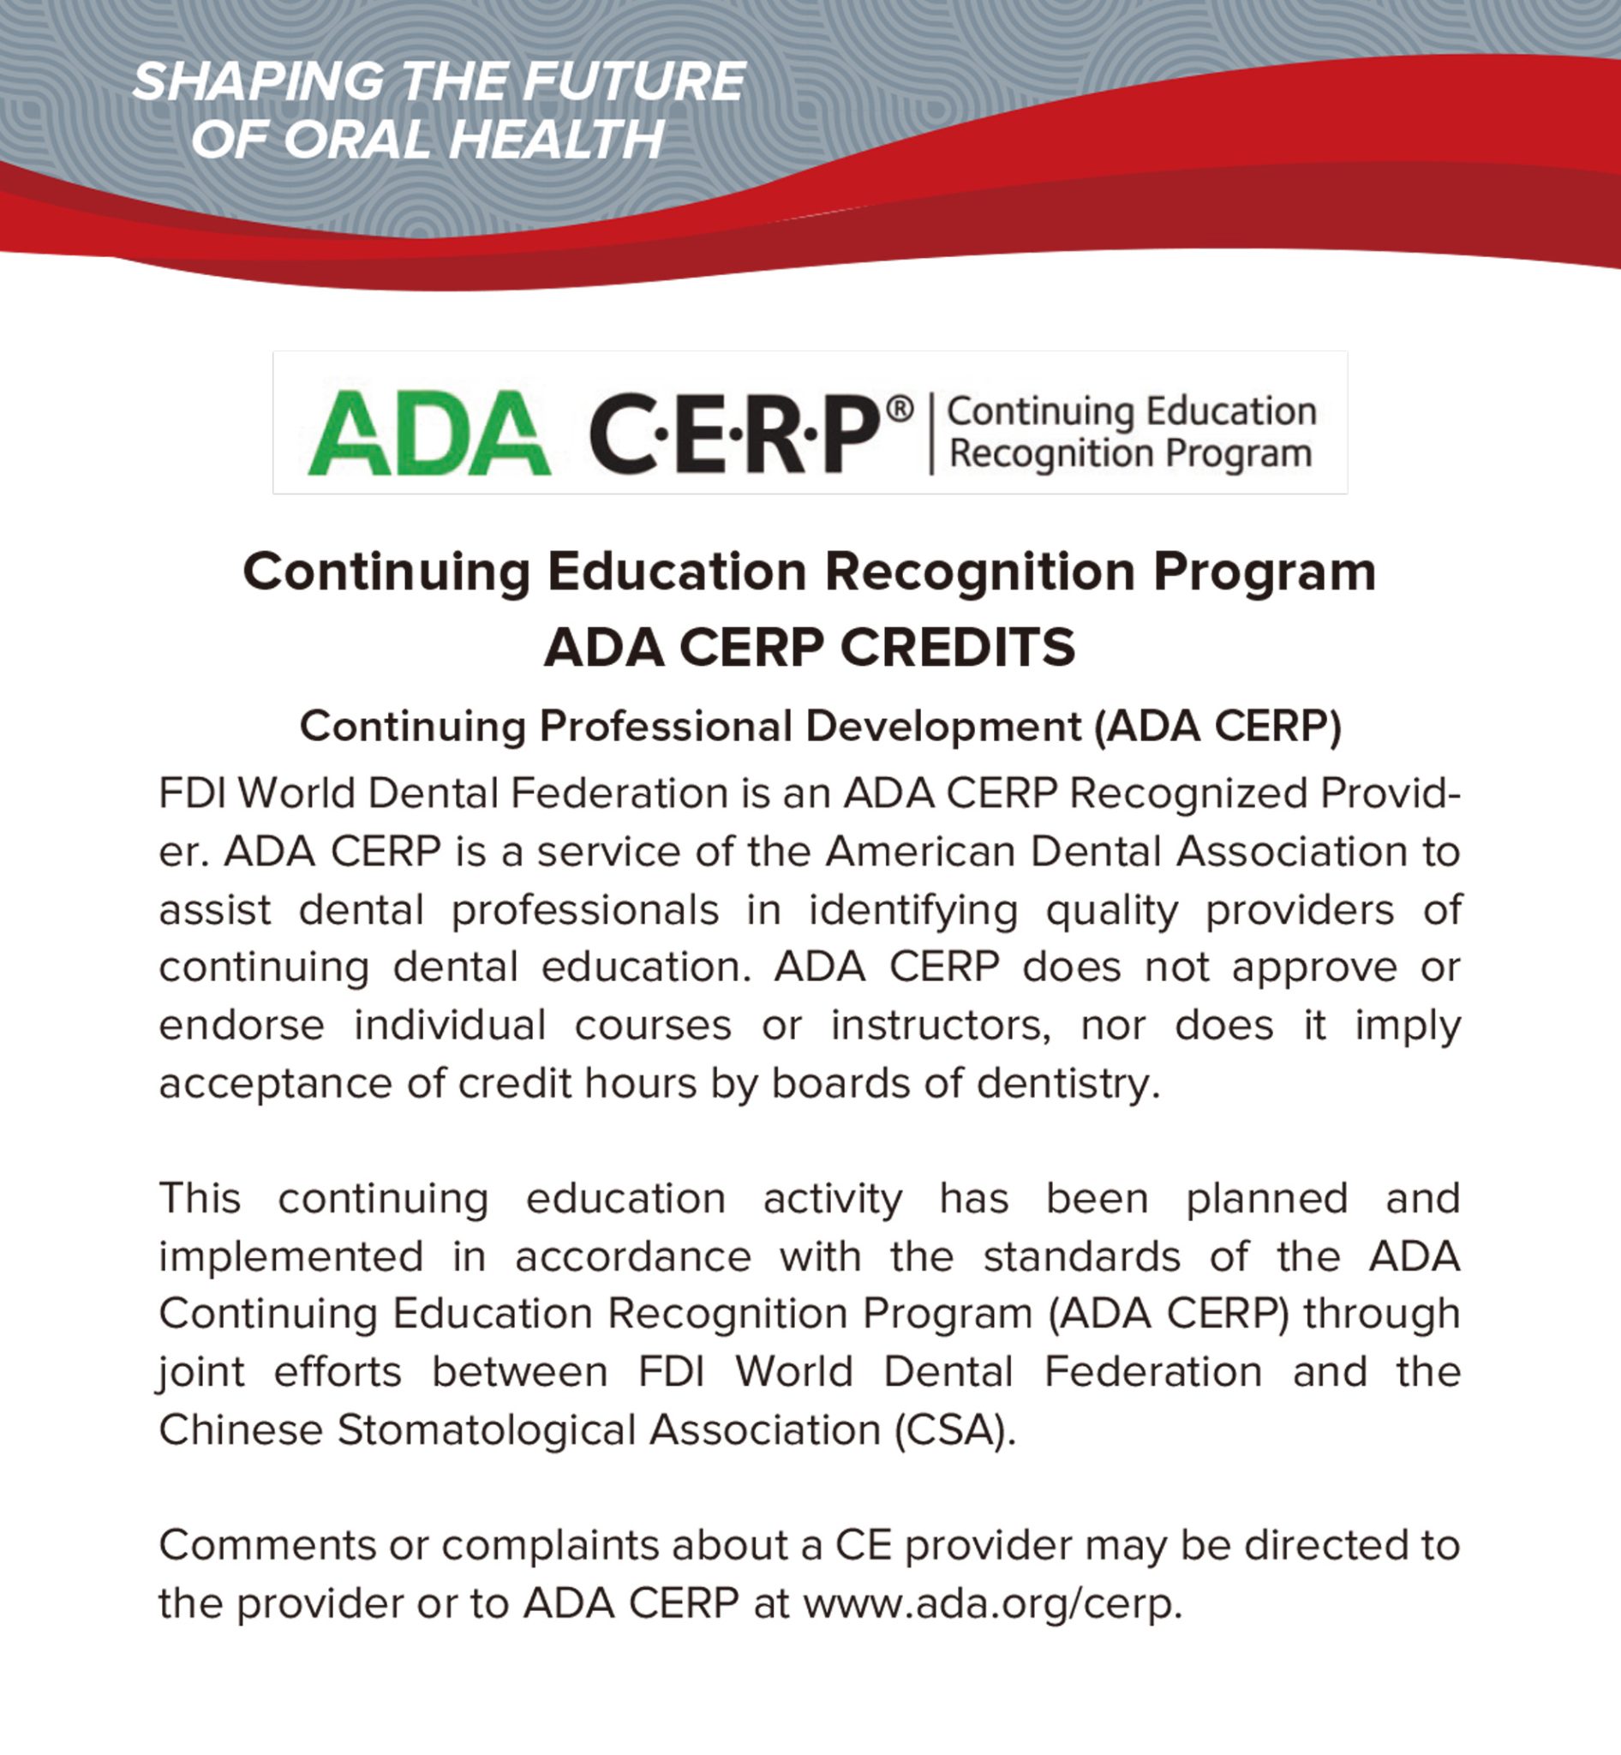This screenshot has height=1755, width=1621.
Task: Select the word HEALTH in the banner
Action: [x=557, y=140]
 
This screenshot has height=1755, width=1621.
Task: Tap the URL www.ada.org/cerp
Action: [x=993, y=1604]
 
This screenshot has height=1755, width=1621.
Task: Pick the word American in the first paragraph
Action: [x=920, y=851]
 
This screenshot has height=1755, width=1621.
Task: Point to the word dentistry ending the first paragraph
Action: [x=1068, y=1083]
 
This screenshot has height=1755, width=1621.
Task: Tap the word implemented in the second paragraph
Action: [x=291, y=1255]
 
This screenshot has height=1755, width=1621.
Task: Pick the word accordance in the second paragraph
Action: [x=632, y=1255]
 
